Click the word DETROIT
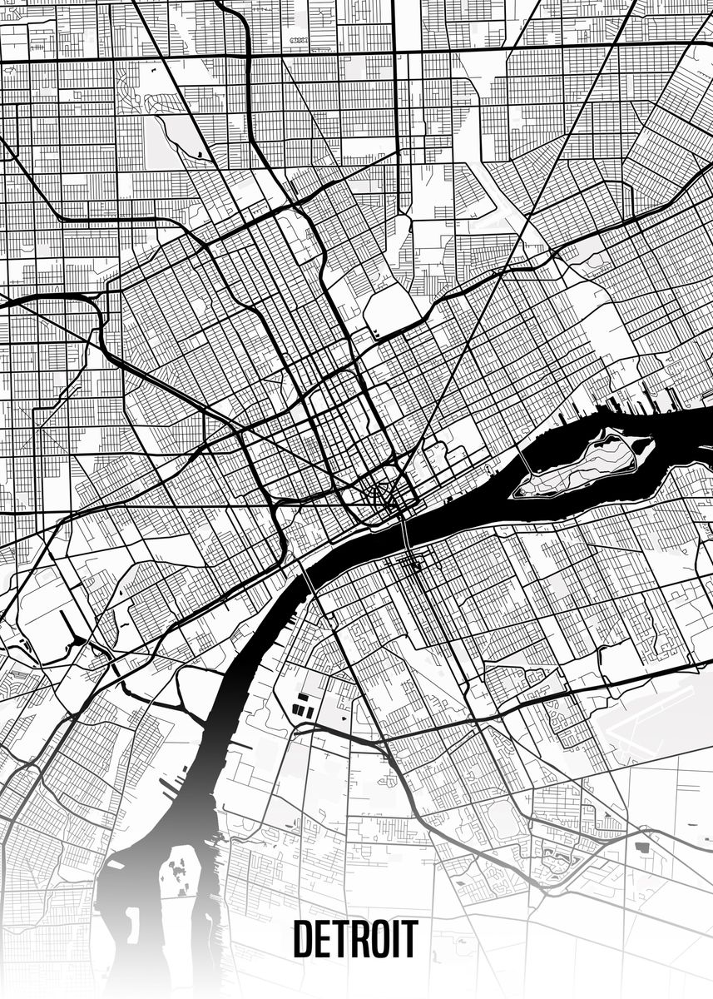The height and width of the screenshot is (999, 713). coord(355,940)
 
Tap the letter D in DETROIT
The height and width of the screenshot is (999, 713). coord(303,940)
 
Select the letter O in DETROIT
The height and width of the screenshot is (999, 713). coord(379,940)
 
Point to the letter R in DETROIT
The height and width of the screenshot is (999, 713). coord(355,940)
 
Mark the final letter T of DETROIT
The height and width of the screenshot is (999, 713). coord(409,940)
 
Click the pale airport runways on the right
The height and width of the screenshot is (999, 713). coord(657,716)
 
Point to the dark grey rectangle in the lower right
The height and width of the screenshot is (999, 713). coord(642,847)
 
